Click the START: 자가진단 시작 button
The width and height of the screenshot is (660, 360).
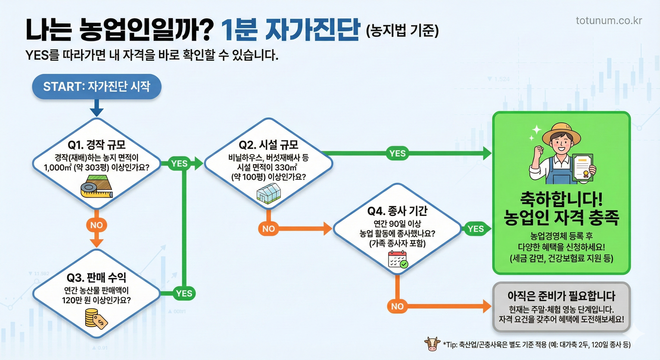[96, 86]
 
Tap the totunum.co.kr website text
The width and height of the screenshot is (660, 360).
[609, 20]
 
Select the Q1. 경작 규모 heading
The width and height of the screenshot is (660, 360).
[96, 145]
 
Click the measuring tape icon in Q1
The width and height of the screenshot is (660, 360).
[96, 186]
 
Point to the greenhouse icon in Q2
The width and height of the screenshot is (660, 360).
[269, 193]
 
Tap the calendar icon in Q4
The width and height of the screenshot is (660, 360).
[398, 259]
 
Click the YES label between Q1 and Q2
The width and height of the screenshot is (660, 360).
[179, 163]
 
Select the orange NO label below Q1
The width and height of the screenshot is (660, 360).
[96, 225]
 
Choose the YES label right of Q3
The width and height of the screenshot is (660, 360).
[184, 293]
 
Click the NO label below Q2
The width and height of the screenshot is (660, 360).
[269, 229]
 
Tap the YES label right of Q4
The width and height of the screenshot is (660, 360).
[476, 229]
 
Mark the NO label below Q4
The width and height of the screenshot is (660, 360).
[397, 306]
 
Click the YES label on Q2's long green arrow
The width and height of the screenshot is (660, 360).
[397, 153]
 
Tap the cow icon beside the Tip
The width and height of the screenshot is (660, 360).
[432, 344]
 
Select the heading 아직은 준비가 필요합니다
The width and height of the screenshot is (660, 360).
[561, 296]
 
